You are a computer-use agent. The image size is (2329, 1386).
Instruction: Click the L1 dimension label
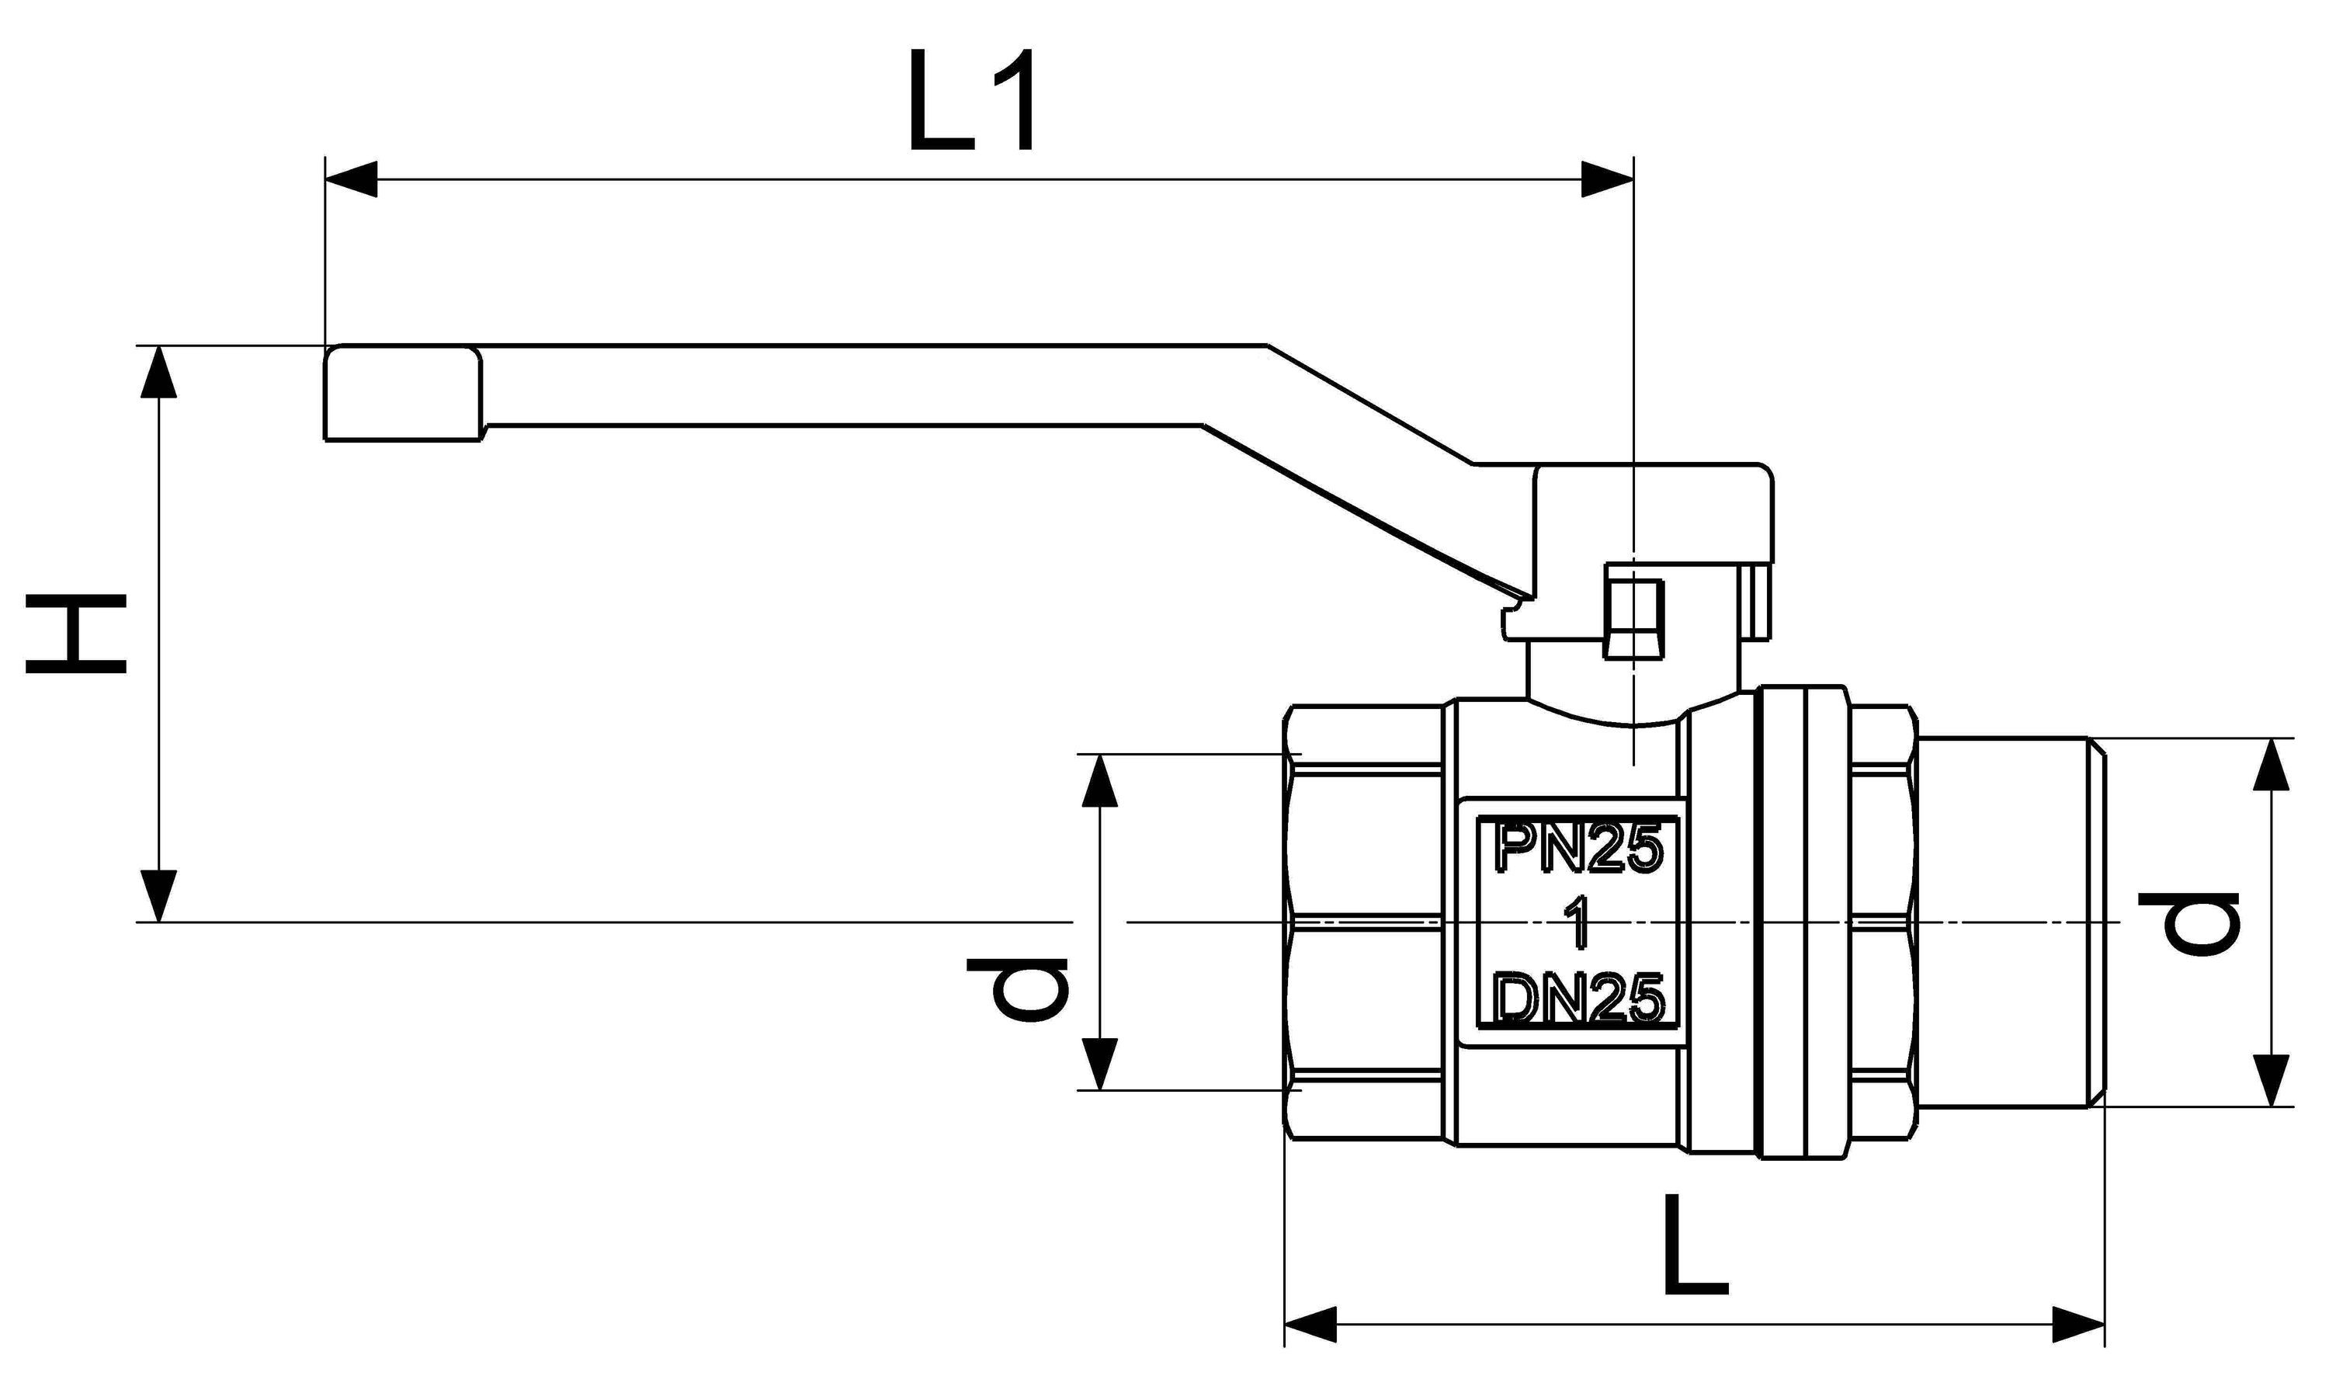tap(971, 100)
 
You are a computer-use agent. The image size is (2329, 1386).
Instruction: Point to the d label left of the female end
tap(1017, 990)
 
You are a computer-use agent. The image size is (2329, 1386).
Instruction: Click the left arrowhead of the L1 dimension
tap(351, 179)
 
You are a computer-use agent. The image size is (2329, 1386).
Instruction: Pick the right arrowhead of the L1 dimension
tap(1606, 179)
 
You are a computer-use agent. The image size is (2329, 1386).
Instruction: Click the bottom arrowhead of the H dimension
tap(160, 894)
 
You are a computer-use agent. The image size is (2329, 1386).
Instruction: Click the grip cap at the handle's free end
tap(404, 393)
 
